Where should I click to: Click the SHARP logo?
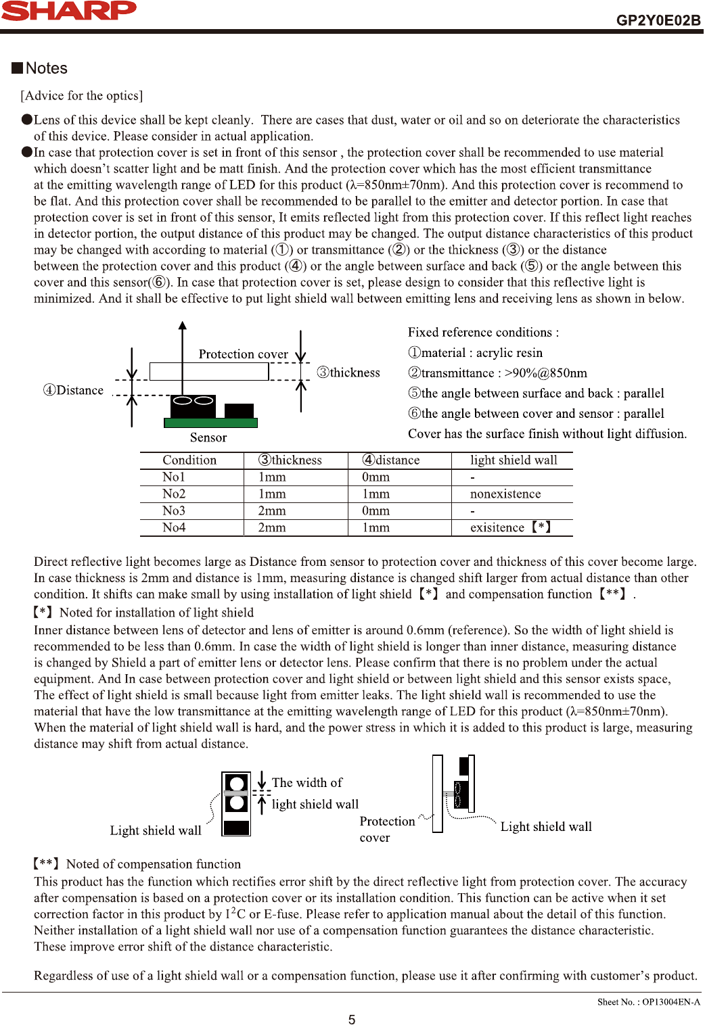(x=68, y=11)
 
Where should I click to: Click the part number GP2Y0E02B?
(x=658, y=20)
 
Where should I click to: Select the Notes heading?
(x=46, y=68)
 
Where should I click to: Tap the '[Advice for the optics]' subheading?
(x=81, y=96)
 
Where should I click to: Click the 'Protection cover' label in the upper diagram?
(x=243, y=354)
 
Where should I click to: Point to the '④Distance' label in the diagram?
(x=73, y=390)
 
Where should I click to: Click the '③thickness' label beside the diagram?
(x=348, y=373)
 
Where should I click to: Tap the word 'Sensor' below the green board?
(x=208, y=437)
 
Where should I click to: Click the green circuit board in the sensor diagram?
(x=210, y=423)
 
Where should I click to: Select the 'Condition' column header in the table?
(x=189, y=460)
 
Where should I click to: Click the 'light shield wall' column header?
(x=514, y=460)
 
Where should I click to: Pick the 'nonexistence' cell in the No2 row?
(x=505, y=494)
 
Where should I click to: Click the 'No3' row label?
(x=174, y=511)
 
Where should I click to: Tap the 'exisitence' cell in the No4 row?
(x=497, y=528)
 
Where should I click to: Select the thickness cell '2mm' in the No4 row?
(x=272, y=528)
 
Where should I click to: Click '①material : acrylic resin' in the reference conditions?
(x=475, y=353)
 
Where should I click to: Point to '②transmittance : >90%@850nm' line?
(x=497, y=373)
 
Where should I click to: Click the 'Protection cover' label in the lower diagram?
(x=387, y=829)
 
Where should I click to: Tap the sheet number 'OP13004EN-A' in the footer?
(x=670, y=1002)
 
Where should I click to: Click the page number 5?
(x=352, y=1020)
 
